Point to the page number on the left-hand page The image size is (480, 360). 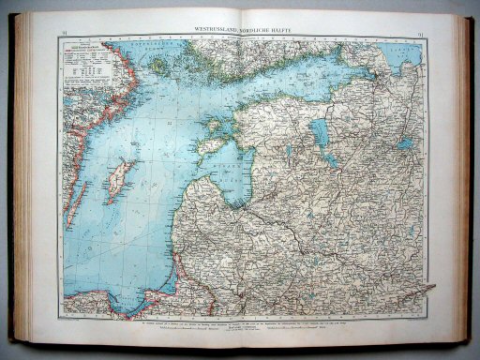point(64,34)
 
